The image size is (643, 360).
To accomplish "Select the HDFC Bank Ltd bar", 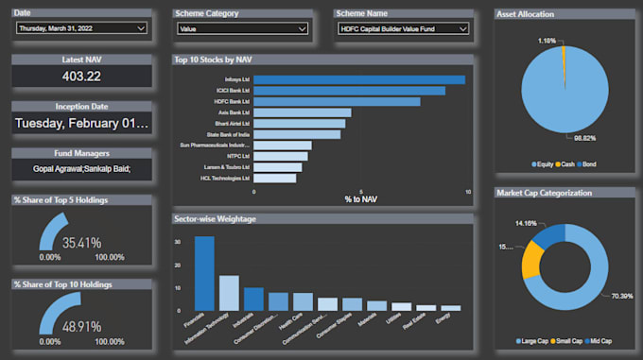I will [x=337, y=101].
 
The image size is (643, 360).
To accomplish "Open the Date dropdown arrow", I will [x=141, y=29].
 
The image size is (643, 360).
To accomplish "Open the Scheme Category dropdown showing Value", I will [x=242, y=29].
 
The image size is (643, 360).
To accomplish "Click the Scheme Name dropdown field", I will [x=403, y=29].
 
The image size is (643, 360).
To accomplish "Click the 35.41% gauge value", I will [x=82, y=243].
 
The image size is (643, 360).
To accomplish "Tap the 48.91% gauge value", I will [x=82, y=326].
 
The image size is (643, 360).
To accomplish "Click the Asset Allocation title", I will [x=526, y=14].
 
